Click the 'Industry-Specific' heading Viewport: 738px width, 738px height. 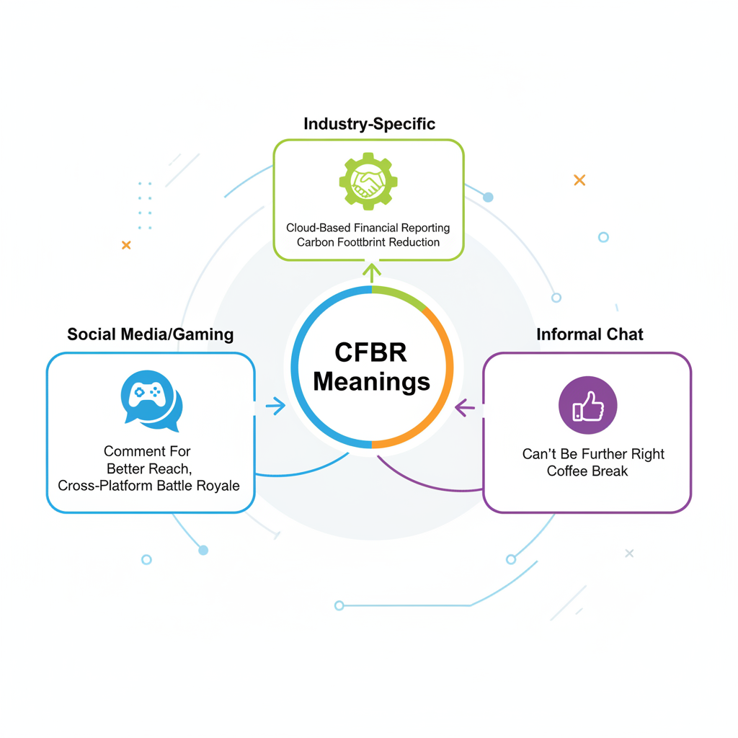point(369,124)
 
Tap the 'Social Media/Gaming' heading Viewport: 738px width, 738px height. point(150,334)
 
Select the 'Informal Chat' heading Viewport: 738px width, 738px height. point(590,334)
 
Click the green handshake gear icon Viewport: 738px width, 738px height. point(368,181)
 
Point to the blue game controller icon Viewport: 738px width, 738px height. point(151,399)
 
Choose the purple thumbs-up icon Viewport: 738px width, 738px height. point(587,404)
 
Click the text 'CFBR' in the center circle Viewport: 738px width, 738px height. point(370,353)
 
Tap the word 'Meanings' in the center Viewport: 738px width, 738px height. point(371,381)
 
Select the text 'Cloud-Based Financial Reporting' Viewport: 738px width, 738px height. point(368,228)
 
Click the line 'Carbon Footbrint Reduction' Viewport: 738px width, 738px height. point(368,243)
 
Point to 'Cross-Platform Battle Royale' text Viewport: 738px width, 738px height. point(148,486)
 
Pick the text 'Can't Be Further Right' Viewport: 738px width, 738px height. point(593,455)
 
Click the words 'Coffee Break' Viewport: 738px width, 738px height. point(587,471)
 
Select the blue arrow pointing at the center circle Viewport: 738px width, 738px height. point(275,406)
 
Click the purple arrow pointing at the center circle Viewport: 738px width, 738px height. point(466,409)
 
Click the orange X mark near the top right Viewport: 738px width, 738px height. point(579,180)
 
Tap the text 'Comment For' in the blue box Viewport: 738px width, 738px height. point(147,452)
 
